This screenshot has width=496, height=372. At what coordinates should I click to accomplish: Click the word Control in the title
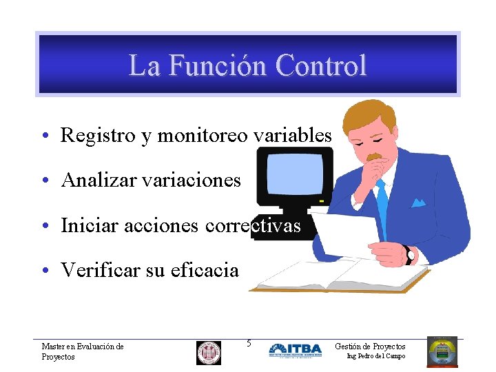coord(320,66)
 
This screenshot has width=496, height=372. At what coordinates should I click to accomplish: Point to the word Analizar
coord(99,180)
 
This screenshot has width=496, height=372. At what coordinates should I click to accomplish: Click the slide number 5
coord(249,343)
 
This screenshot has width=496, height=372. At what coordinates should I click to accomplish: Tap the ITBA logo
coord(295,350)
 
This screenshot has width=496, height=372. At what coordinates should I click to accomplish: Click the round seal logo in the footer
coord(209,352)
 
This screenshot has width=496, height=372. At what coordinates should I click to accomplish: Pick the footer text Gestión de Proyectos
coord(370,347)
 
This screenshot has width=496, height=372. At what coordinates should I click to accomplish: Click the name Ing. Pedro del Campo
coord(375,356)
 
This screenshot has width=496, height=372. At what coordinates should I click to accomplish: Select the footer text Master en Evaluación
coord(82,347)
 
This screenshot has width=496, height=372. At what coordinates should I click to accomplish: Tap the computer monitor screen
coord(294,174)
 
